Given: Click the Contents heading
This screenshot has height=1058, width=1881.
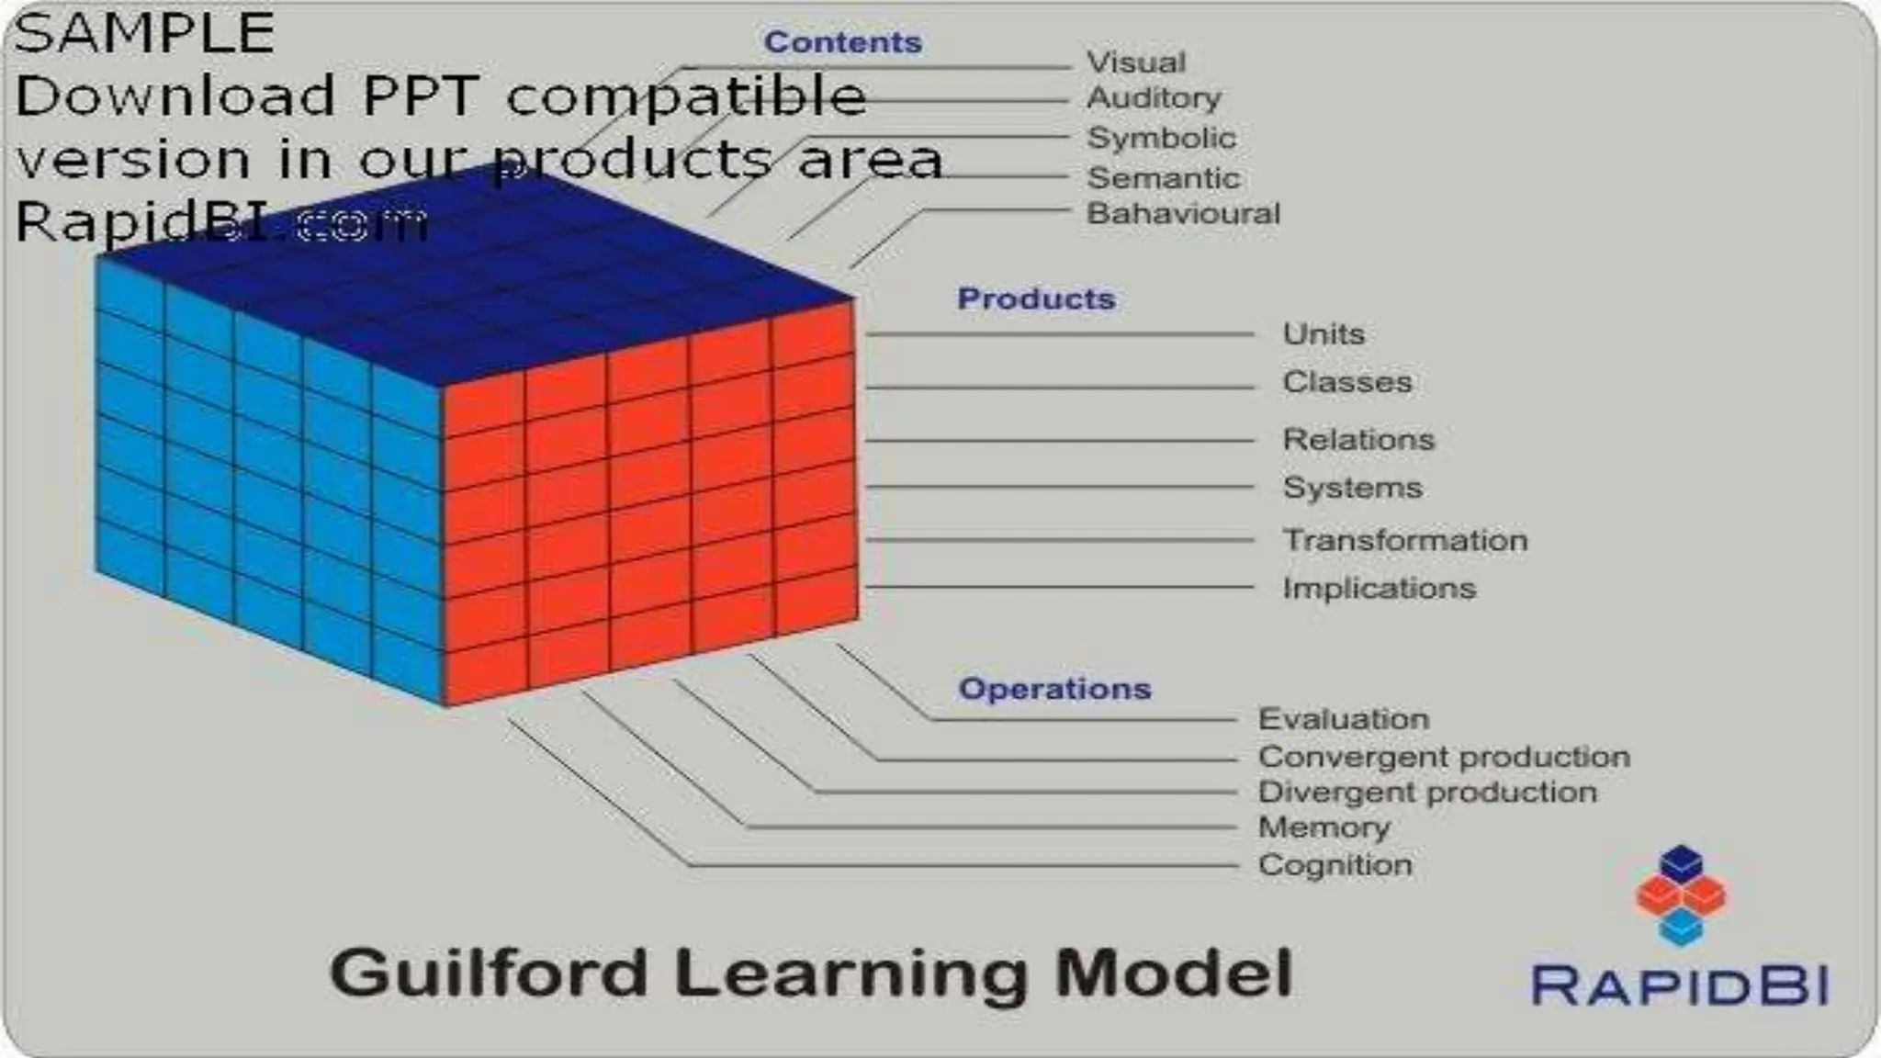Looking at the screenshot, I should (842, 42).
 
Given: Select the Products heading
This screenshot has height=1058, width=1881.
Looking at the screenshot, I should (1035, 298).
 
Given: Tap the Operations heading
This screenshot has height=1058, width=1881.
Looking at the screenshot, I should (1053, 689).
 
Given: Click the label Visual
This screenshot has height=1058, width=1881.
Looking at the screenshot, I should (1136, 62).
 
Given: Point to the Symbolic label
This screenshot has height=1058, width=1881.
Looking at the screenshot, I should (1161, 138).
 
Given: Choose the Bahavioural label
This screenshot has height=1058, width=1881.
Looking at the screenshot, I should (1183, 214).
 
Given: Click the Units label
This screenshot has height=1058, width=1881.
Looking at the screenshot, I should (1323, 334).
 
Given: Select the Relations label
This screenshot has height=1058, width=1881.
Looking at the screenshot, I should (1357, 440).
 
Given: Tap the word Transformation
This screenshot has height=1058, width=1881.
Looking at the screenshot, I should (1405, 541).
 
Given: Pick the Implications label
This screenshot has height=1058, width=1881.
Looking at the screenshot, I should (1379, 589).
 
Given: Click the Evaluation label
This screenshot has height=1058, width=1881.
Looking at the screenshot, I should (1343, 719).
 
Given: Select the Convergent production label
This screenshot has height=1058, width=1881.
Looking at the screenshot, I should (1444, 758).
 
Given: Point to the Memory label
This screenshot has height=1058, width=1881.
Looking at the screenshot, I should (1323, 827).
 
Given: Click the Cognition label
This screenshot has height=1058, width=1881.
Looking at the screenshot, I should (1335, 865).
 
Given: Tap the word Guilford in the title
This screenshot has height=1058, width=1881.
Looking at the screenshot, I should (489, 974).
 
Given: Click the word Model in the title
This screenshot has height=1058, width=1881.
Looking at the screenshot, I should (1173, 974).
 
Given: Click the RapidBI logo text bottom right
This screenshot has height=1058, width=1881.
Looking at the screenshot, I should (1680, 986).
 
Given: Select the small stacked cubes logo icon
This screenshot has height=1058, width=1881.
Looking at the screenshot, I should (1681, 895).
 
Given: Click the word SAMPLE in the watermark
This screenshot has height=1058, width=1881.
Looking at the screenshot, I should (144, 34).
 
